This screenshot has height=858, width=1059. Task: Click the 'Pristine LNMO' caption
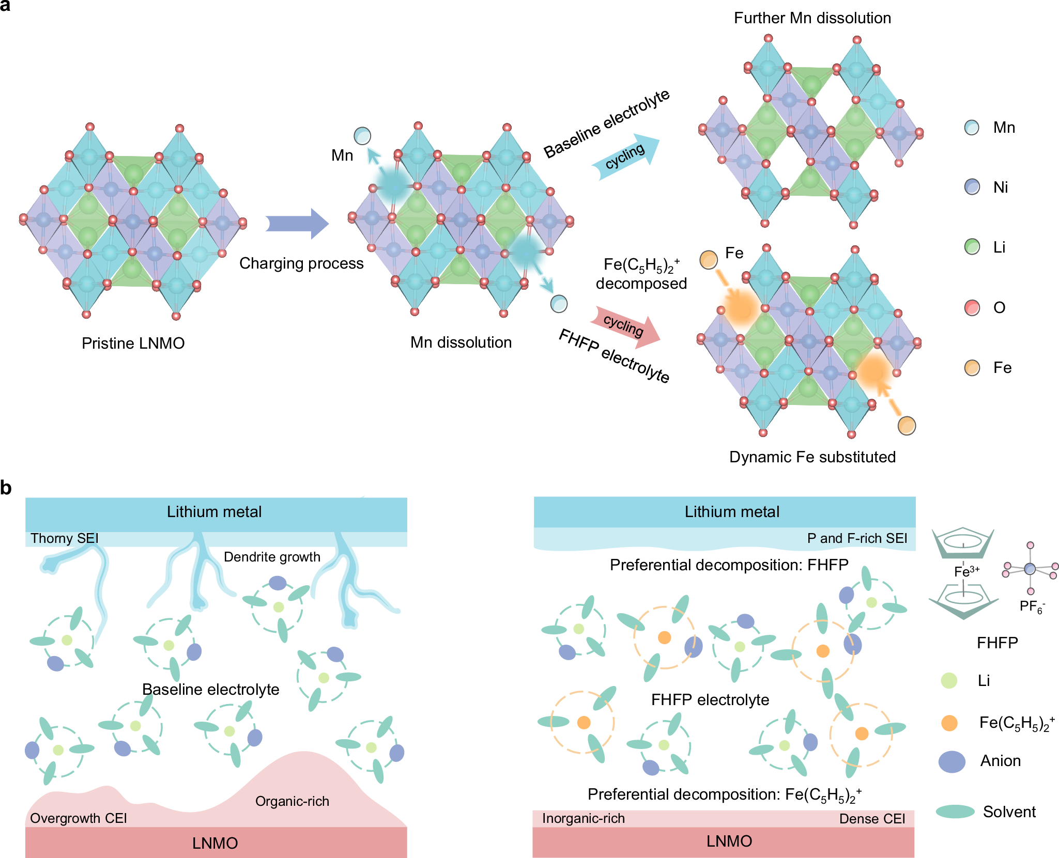[x=133, y=344]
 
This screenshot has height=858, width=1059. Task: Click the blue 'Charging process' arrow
[x=297, y=224]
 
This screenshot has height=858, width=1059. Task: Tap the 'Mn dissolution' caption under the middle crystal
[x=461, y=342]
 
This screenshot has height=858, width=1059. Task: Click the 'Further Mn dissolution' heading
[x=812, y=18]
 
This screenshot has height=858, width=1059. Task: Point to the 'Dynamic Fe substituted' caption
[x=812, y=457]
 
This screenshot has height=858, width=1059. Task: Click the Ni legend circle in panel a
[x=972, y=187]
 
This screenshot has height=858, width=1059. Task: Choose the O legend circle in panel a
[x=972, y=308]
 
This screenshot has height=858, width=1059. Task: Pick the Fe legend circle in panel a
[x=972, y=368]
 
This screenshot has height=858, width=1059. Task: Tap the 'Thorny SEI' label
[x=64, y=539]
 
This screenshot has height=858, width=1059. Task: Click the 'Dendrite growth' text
[x=272, y=557]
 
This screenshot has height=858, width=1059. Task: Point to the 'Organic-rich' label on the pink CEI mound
[x=292, y=801]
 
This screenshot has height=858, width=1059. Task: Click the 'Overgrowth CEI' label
[x=79, y=818]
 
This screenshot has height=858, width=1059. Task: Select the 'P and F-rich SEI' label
[x=857, y=539]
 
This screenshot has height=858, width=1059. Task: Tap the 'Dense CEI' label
[x=872, y=819]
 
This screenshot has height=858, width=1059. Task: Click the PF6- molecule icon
[x=1030, y=569]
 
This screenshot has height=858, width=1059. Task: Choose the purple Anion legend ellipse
[x=951, y=761]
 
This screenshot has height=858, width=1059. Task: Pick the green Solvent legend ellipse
[x=955, y=812]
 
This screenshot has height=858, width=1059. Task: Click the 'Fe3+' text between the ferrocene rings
[x=966, y=571]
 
